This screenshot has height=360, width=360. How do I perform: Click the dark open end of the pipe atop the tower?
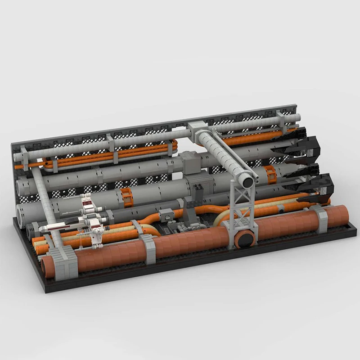pos(247,181)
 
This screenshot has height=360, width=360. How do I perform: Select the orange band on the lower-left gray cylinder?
pos(128,198)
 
